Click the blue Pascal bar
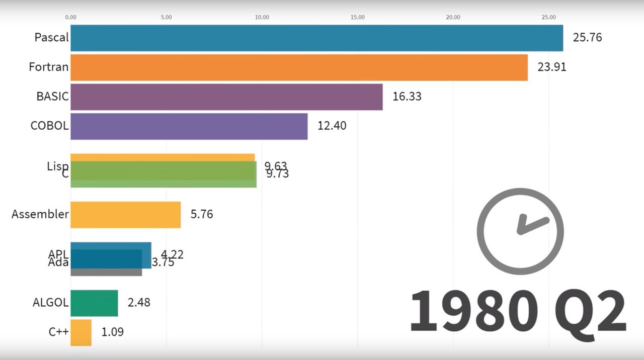point(316,38)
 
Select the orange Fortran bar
point(299,67)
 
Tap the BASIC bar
point(226,97)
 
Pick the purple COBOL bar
point(189,126)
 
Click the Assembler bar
point(125,215)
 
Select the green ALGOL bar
point(94,303)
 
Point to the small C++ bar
point(81,332)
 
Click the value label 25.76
point(587,38)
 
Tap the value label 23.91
point(551,67)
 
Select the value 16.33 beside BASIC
point(407,97)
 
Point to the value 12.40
point(332,126)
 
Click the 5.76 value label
point(202,215)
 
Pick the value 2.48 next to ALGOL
point(139,303)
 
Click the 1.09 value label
point(113,332)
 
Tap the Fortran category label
point(48,67)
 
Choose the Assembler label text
point(40,214)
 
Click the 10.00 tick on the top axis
point(262,18)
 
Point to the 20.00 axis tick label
point(453,18)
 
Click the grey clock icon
point(520,232)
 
